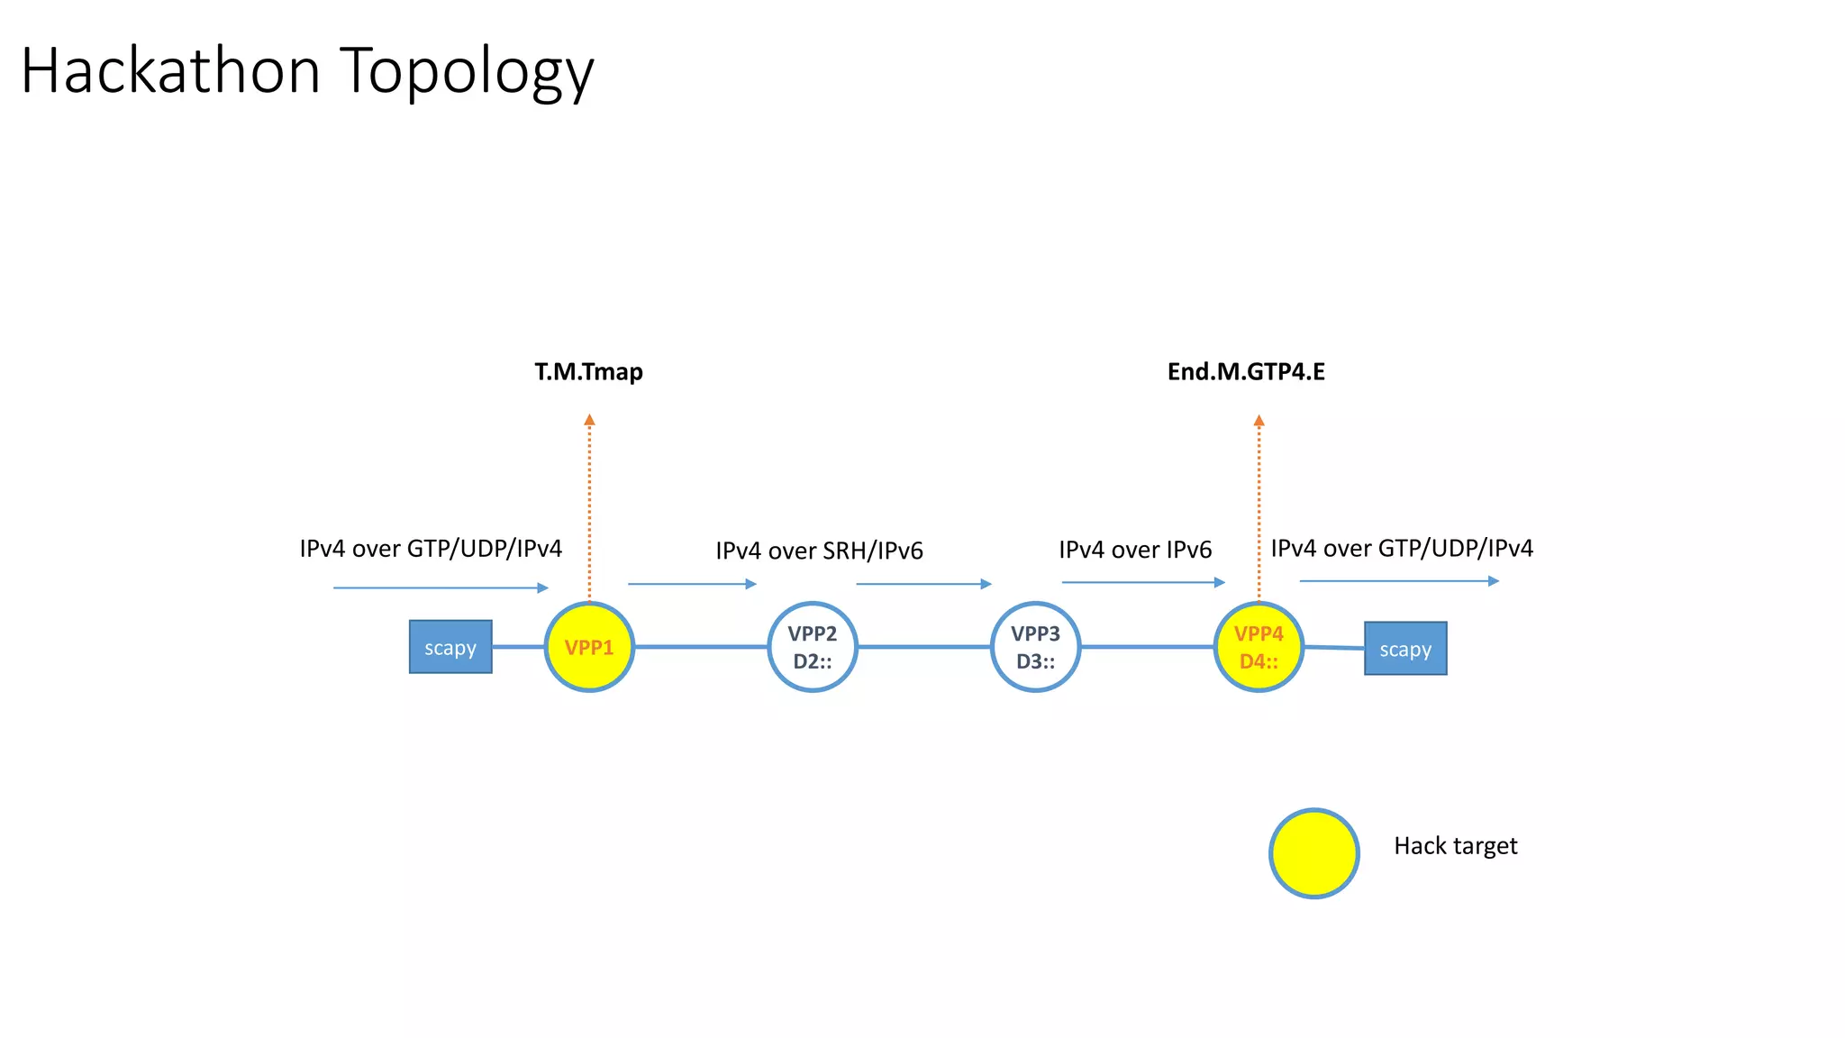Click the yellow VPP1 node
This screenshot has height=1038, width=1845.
click(589, 647)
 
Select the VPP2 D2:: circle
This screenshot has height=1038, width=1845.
click(812, 647)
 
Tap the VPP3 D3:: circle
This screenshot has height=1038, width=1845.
click(1035, 647)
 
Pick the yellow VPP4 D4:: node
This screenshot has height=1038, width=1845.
click(1259, 647)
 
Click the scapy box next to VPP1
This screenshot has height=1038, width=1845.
click(450, 647)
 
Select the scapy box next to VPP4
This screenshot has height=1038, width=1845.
click(1404, 649)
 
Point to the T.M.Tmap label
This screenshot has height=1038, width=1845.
click(588, 371)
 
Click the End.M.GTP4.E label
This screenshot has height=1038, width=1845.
click(1246, 371)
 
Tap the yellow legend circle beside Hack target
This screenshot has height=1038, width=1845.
click(1313, 852)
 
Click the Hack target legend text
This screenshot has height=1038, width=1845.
click(1455, 846)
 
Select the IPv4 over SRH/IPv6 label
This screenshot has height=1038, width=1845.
click(819, 551)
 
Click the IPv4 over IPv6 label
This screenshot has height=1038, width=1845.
click(1135, 550)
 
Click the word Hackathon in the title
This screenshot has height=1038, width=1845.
click(171, 70)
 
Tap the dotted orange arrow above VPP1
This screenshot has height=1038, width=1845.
click(589, 505)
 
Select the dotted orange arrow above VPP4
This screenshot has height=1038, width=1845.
click(1259, 505)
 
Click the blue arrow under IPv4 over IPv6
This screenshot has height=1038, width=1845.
click(1142, 582)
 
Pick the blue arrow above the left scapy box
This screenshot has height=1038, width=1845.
click(440, 587)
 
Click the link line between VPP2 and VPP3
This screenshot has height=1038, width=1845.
click(923, 646)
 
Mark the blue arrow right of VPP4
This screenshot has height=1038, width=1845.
click(1398, 581)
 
